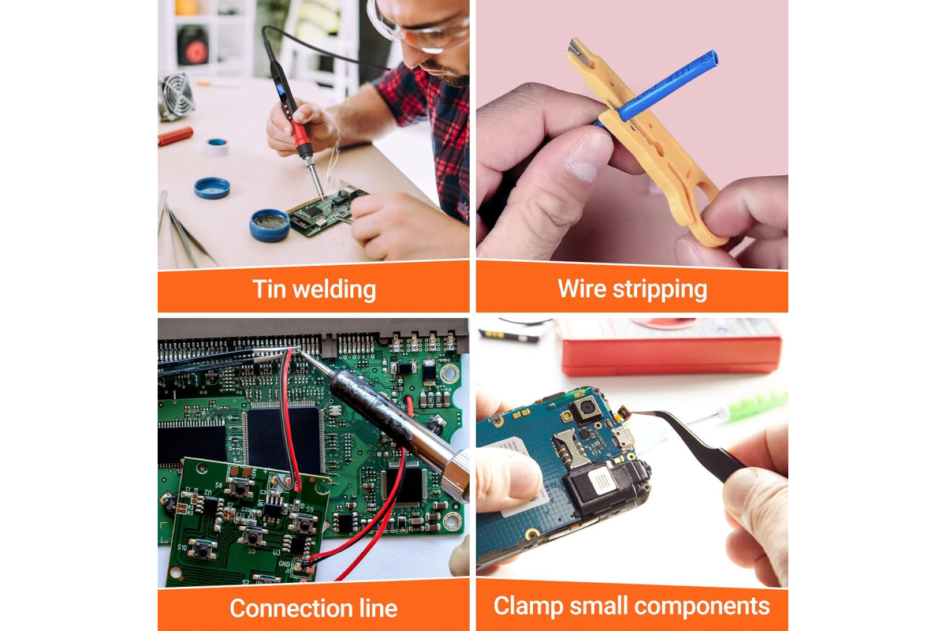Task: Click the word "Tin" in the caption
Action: tap(269, 289)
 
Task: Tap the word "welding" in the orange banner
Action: tap(334, 290)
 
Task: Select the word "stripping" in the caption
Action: tap(660, 290)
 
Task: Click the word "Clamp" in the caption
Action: tap(528, 607)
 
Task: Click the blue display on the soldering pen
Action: tap(281, 89)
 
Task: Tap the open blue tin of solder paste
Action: tap(270, 226)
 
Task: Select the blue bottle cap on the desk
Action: tap(212, 188)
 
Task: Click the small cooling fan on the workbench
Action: tap(177, 95)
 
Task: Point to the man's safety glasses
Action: tap(418, 28)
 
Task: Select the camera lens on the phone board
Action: tap(587, 409)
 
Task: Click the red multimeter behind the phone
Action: tap(669, 347)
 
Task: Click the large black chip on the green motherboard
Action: tap(283, 439)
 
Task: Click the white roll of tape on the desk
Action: tap(217, 147)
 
